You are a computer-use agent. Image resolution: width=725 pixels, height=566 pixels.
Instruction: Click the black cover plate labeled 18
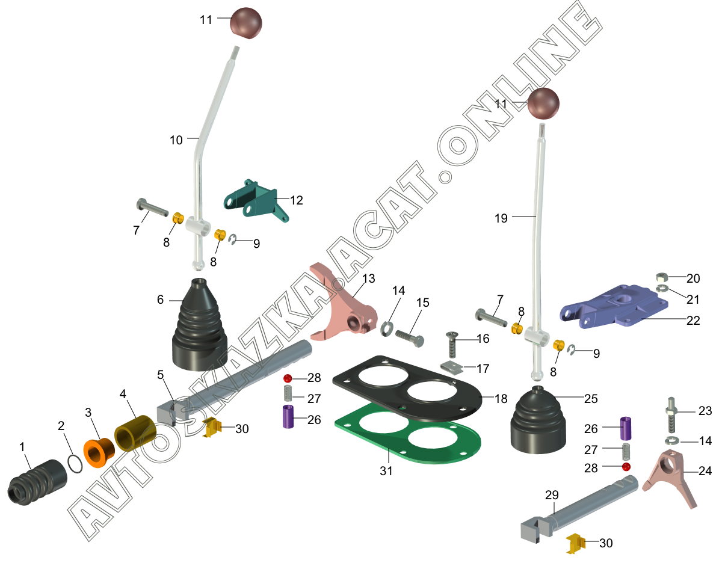(x=408, y=387)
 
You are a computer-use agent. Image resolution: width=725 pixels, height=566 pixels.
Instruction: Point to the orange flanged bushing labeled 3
(x=99, y=452)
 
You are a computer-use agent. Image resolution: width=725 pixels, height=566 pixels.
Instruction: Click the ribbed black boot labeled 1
(x=37, y=482)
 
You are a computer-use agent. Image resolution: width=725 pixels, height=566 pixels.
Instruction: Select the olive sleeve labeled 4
(x=135, y=433)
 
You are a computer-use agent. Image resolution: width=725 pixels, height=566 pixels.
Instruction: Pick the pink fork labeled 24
(x=671, y=477)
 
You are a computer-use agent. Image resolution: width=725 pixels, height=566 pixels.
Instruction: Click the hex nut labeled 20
(x=661, y=277)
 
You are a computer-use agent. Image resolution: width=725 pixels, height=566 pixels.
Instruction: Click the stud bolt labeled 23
(x=671, y=415)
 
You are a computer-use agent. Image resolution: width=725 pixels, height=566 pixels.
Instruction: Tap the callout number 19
(x=501, y=218)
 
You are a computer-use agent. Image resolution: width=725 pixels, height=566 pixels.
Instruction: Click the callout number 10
(x=176, y=140)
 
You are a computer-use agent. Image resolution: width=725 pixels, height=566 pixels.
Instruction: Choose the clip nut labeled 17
(x=451, y=368)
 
